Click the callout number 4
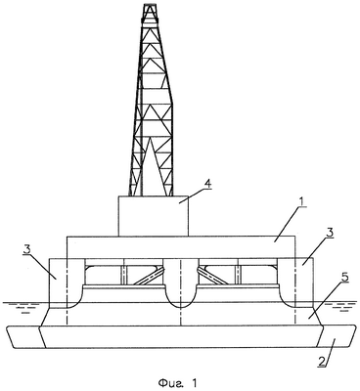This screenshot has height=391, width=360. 207,183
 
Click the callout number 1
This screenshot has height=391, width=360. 302,202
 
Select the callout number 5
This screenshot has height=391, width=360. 345,278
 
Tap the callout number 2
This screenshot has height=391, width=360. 321,361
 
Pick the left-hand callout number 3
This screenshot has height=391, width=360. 28,248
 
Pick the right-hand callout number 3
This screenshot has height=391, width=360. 330,234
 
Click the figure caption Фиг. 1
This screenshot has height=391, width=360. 179,381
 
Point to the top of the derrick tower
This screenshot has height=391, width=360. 151,5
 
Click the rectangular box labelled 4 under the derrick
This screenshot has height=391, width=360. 154,216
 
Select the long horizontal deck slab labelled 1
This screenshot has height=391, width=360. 180,247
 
